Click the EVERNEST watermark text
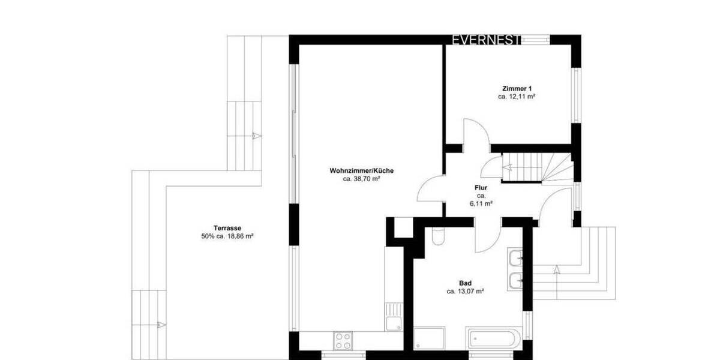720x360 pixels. click(486, 40)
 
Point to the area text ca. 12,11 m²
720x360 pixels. click(516, 97)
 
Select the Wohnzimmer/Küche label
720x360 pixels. click(361, 170)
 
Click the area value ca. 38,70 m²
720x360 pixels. click(361, 179)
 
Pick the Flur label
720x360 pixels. click(481, 187)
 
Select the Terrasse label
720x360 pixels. click(227, 228)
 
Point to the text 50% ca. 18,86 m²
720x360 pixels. click(227, 236)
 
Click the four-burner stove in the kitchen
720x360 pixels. click(343, 340)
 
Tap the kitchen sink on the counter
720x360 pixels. click(393, 318)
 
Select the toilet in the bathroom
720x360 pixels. click(437, 236)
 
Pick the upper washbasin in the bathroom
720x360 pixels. click(515, 259)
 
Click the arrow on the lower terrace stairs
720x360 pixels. click(160, 325)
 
